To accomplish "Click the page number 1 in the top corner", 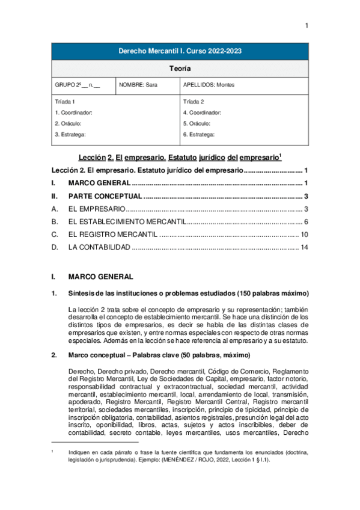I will point(307,25).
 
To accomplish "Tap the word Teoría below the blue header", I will point(180,69).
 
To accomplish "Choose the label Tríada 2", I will point(194,102).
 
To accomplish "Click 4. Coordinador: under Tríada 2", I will point(202,112).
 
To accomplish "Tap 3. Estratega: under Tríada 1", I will point(70,134).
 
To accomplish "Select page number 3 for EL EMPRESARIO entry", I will point(306,209).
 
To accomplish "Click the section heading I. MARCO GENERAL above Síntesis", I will point(96,277).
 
